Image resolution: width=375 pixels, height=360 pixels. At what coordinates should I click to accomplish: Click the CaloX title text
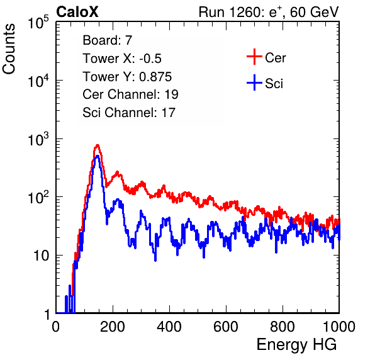click(77, 12)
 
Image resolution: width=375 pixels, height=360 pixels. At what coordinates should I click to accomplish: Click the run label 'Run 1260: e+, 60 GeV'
click(269, 12)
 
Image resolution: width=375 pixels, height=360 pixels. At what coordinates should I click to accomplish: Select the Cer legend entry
click(266, 57)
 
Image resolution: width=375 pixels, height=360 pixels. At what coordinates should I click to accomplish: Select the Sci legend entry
click(265, 83)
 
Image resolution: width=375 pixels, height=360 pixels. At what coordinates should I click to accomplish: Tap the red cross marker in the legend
click(254, 57)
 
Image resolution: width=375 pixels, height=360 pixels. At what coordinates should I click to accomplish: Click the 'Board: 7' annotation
click(107, 40)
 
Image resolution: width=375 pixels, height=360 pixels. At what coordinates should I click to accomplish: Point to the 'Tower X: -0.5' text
click(122, 59)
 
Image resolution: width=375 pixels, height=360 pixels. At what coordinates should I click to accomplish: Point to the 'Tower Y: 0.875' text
click(127, 77)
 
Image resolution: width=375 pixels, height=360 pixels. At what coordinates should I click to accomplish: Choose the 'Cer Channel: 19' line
click(130, 94)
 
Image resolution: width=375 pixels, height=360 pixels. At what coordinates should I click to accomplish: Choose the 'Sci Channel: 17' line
click(129, 113)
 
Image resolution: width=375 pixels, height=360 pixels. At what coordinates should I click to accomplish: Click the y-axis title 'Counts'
click(9, 49)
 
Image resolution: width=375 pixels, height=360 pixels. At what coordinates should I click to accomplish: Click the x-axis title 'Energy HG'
click(296, 345)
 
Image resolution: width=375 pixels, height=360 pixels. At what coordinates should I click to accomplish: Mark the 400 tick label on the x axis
click(169, 327)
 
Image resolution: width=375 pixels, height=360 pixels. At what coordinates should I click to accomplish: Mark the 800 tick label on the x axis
click(283, 327)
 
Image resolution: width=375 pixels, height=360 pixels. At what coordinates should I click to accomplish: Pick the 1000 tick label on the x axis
click(339, 327)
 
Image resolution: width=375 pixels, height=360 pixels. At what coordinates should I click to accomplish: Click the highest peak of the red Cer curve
click(97, 145)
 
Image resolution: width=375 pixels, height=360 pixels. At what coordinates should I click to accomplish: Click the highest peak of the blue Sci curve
click(97, 156)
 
